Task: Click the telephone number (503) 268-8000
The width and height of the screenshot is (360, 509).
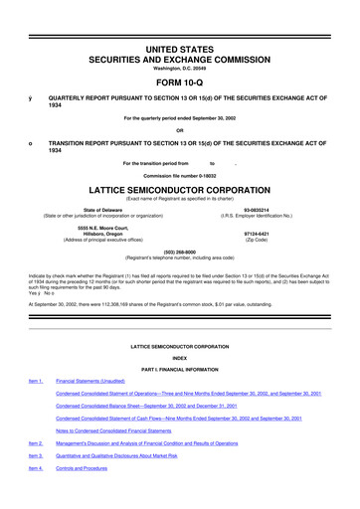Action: click(x=179, y=252)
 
